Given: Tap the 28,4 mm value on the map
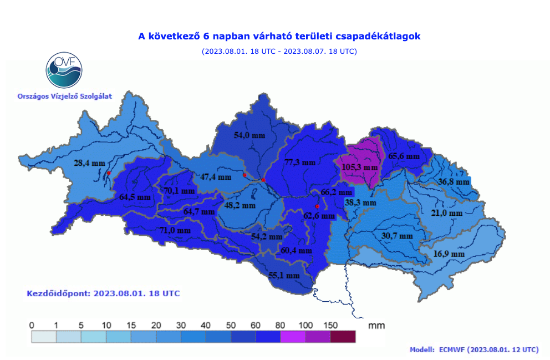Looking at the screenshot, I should click(x=89, y=163).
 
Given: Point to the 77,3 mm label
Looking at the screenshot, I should click(x=299, y=163).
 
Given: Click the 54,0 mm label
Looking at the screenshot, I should click(x=249, y=135).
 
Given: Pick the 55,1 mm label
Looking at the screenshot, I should click(x=284, y=275).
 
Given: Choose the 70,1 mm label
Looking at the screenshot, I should click(x=179, y=191).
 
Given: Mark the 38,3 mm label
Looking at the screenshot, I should click(x=360, y=203).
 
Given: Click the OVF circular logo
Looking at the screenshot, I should click(x=64, y=71).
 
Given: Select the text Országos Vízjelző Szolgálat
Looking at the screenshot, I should click(x=65, y=97).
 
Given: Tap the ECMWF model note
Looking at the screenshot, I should click(x=473, y=349).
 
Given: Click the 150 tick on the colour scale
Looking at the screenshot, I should click(x=330, y=325).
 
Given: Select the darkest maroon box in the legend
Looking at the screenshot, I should click(x=343, y=336).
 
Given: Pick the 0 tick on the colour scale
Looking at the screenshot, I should click(x=32, y=325).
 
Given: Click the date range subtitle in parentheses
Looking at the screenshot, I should click(x=279, y=51).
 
